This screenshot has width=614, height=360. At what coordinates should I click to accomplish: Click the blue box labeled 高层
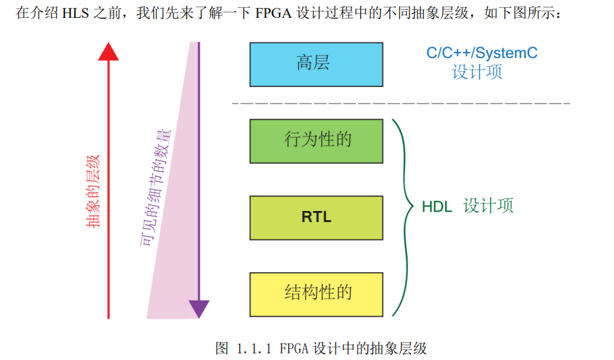pyautogui.click(x=316, y=65)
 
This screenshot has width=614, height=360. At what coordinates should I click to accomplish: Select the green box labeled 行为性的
pyautogui.click(x=316, y=140)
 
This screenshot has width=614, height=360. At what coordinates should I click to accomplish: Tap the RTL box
pyautogui.click(x=316, y=217)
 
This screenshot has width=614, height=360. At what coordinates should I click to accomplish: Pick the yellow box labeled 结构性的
pyautogui.click(x=316, y=293)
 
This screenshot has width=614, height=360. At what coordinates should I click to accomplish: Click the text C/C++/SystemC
pyautogui.click(x=481, y=53)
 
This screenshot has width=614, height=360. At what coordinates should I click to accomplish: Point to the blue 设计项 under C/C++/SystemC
pyautogui.click(x=477, y=73)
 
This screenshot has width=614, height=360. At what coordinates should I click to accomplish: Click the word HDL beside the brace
pyautogui.click(x=437, y=206)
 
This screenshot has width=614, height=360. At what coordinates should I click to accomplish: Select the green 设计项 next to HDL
pyautogui.click(x=488, y=206)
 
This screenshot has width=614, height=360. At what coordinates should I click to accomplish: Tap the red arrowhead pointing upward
pyautogui.click(x=108, y=51)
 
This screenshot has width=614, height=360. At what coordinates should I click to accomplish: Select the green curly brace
pyautogui.click(x=401, y=218)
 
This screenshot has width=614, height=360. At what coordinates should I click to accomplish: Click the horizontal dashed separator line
pyautogui.click(x=401, y=104)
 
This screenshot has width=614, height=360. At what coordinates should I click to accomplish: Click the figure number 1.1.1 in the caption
pyautogui.click(x=255, y=348)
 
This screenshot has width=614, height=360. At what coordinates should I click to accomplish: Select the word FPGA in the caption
pyautogui.click(x=295, y=348)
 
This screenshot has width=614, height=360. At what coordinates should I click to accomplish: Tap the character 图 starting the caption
pyautogui.click(x=222, y=348)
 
